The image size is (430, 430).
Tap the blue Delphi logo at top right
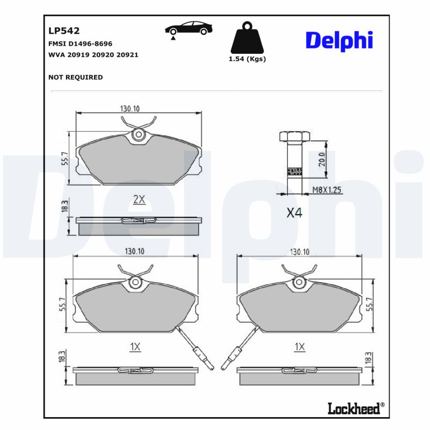[339, 41]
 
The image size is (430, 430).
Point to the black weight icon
[247, 38]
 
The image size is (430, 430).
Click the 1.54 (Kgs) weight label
[247, 59]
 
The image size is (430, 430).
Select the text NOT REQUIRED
[76, 77]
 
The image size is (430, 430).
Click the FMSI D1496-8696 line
[81, 44]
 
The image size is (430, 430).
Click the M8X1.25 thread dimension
[327, 190]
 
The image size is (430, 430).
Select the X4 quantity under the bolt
[294, 213]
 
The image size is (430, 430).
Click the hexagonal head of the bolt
[293, 136]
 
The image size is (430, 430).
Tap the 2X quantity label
[139, 199]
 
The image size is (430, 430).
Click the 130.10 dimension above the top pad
[130, 108]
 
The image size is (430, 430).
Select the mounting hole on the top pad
[139, 135]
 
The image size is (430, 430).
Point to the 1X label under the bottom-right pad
[299, 347]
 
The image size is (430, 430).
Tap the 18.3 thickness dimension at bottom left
[62, 355]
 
